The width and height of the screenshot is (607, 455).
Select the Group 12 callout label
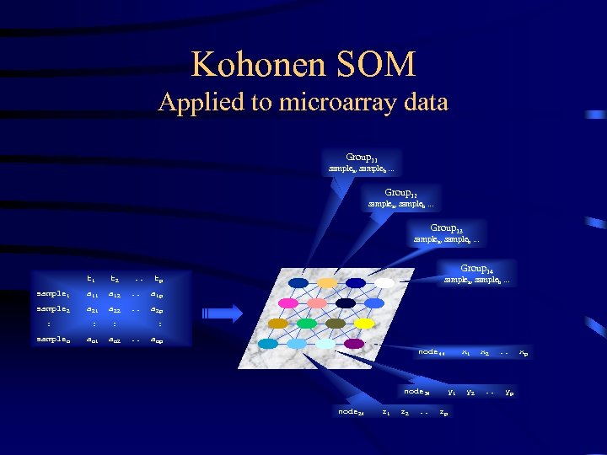[401, 193]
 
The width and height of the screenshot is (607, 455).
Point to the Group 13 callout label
[446, 228]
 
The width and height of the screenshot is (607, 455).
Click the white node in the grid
[384, 282]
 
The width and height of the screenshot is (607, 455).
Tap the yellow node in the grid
[364, 323]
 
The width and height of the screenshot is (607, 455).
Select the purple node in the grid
[354, 343]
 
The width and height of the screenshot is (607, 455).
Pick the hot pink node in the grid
[288, 302]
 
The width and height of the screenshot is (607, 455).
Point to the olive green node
[335, 323]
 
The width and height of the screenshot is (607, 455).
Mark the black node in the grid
[346, 302]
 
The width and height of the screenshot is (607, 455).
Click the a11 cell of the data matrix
[91, 294]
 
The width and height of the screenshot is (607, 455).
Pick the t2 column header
[115, 278]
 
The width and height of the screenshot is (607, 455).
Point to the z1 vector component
[386, 412]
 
